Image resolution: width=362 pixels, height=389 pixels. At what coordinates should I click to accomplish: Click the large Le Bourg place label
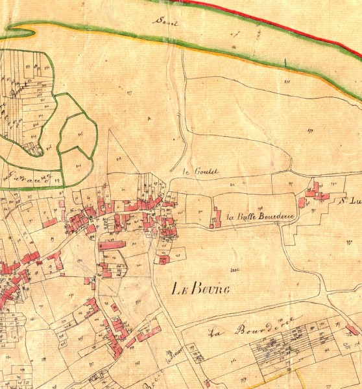(x=201, y=289)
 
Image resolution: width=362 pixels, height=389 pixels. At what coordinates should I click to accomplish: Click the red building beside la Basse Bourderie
(x=217, y=217)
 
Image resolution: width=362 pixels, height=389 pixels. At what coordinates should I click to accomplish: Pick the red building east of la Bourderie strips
(x=352, y=330)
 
